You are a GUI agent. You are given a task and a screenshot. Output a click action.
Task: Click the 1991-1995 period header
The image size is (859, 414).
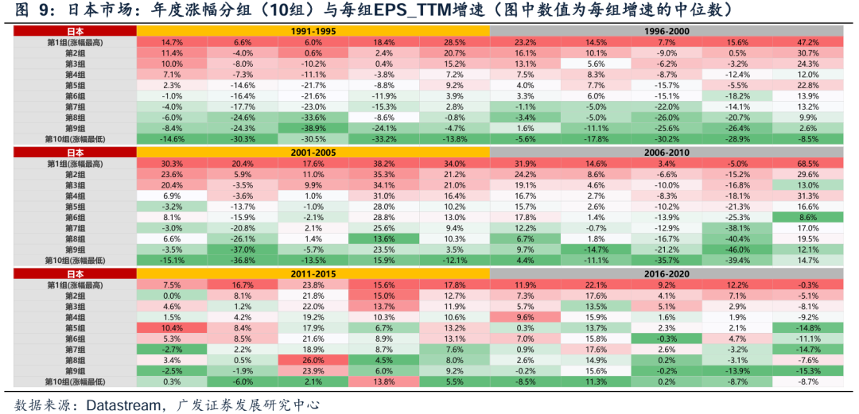(313, 30)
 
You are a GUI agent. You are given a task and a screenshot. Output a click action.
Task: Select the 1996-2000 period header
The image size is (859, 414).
(666, 30)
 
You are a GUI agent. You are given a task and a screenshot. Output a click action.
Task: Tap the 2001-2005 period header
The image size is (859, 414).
(313, 152)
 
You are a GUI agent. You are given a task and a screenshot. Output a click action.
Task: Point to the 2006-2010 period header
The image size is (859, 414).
(666, 152)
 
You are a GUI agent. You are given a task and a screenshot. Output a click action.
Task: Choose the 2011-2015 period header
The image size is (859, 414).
(313, 274)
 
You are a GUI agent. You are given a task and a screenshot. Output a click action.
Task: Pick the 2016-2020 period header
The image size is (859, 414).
(666, 274)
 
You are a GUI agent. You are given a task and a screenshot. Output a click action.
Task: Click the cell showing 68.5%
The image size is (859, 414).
(807, 164)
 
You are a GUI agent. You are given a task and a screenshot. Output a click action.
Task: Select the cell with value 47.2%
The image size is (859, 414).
(807, 41)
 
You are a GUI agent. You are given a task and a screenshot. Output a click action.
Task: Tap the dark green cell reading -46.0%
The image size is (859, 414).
(737, 250)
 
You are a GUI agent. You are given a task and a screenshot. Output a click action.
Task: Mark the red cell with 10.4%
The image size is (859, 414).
(172, 327)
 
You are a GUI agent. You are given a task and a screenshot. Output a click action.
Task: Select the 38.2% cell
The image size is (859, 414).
(384, 164)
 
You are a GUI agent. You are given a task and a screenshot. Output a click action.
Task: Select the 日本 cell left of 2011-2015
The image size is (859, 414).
(75, 274)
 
